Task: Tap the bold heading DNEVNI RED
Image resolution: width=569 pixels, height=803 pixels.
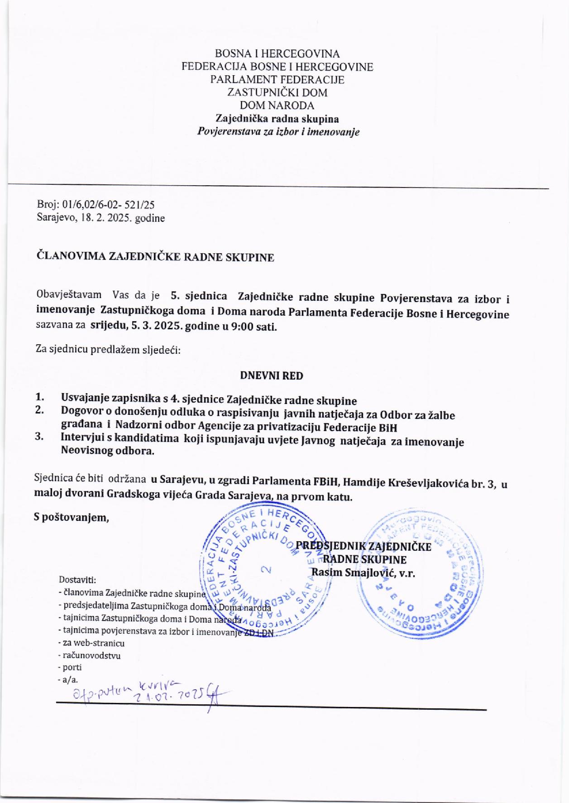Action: coord(271,375)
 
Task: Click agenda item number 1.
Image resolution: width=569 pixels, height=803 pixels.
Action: coord(40,397)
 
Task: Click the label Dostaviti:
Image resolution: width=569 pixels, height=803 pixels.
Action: coord(77,580)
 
